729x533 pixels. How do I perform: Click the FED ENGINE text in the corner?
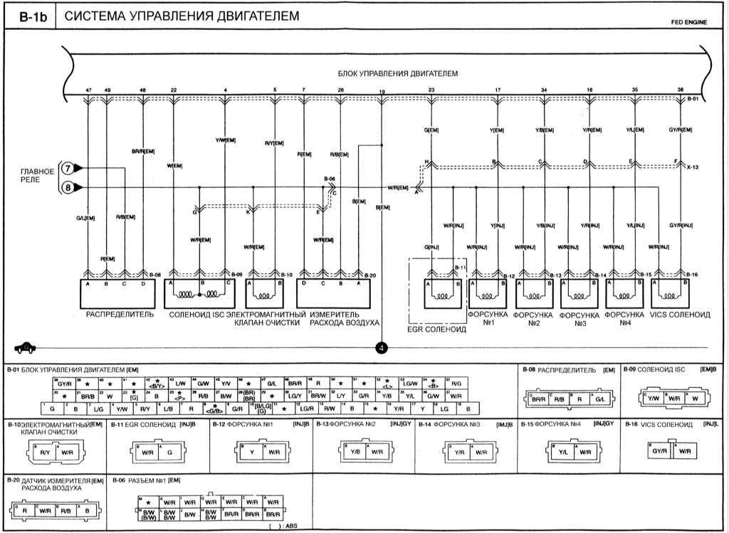coord(688,23)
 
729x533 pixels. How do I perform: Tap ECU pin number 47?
coord(88,90)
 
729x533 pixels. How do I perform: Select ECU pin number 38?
coord(681,90)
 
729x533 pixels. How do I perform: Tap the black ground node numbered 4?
coord(382,348)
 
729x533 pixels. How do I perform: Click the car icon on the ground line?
coord(25,347)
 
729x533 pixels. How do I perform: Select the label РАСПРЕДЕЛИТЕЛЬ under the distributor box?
coord(119,314)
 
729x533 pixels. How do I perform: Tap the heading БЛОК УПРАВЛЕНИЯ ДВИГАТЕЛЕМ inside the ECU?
coord(397,73)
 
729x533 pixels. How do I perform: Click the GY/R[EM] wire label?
coord(680,130)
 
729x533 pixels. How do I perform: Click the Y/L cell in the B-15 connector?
coord(562,451)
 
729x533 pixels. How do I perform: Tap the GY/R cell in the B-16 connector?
coord(660,451)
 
